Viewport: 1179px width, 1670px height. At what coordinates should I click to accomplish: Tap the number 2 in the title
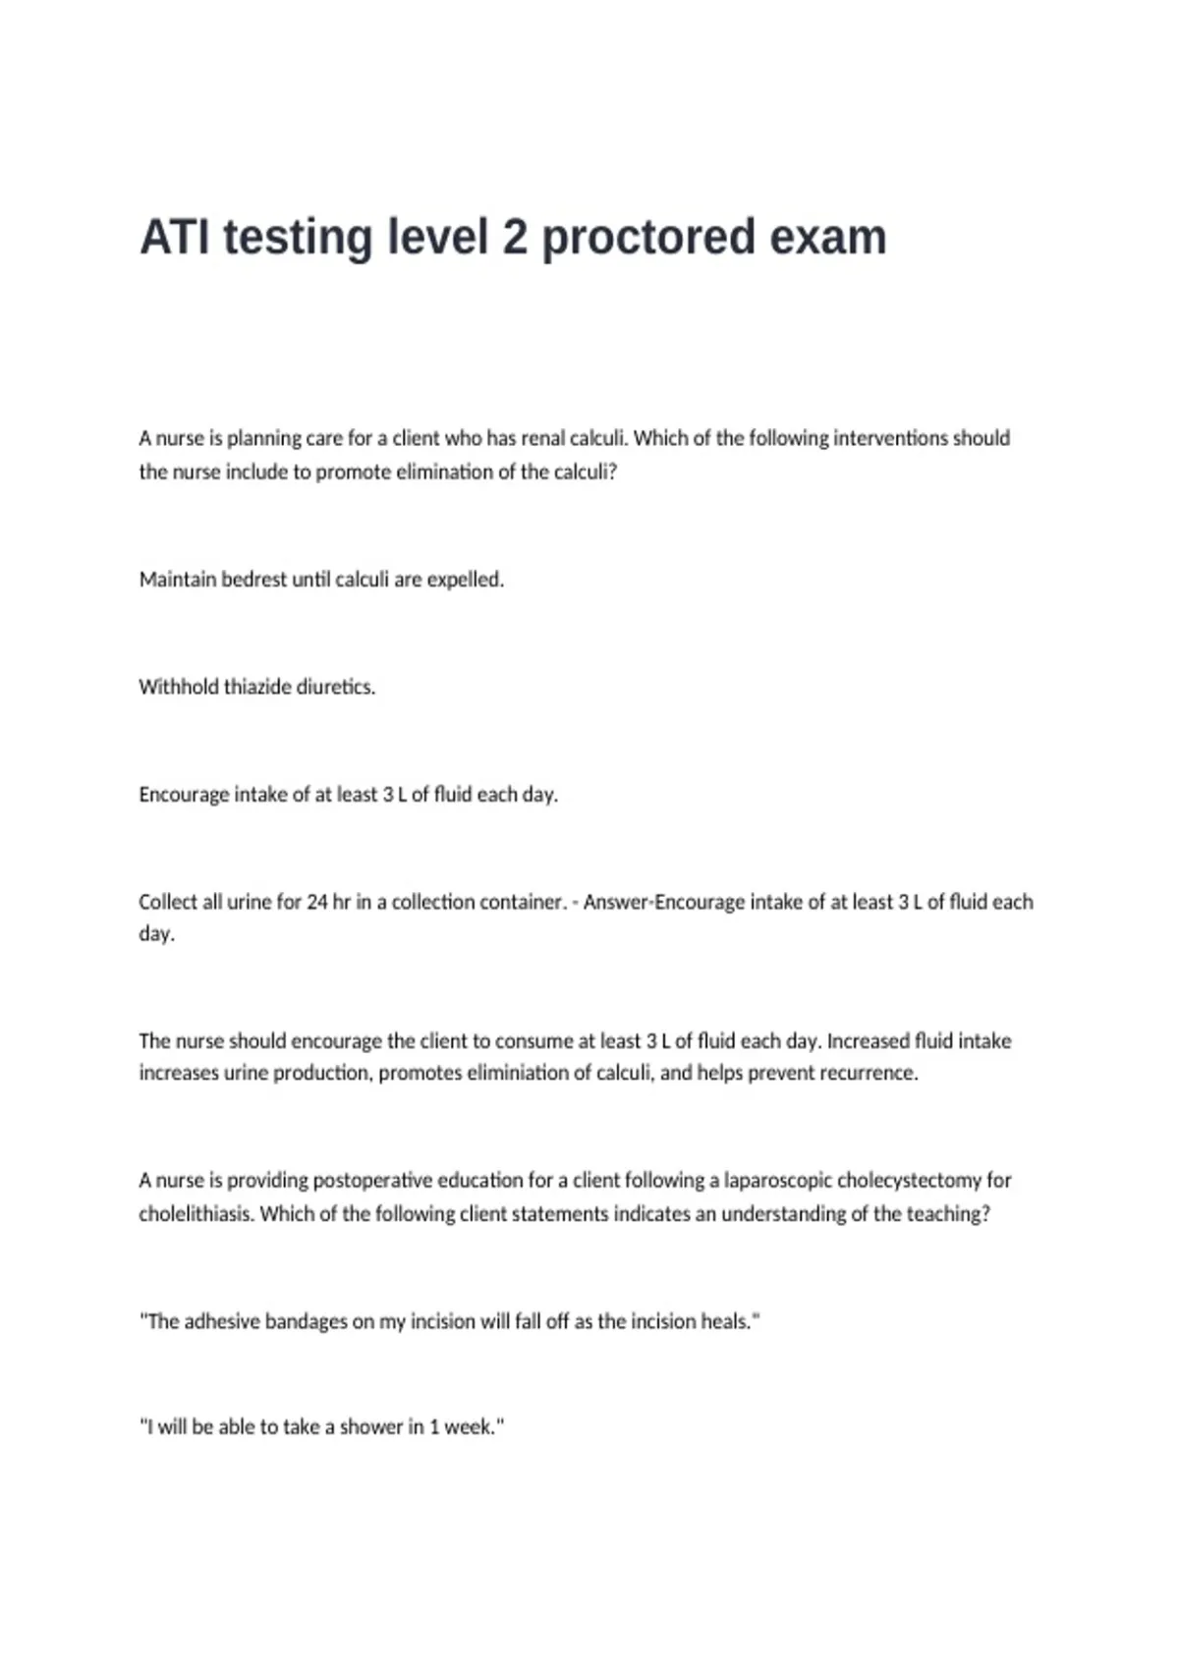515,238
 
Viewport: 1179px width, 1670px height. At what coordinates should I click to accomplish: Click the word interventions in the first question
890,438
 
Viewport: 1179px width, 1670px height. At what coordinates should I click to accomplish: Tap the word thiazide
257,687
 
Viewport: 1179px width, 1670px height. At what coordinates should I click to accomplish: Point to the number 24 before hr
316,902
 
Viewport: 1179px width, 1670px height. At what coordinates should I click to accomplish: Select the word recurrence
869,1073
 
